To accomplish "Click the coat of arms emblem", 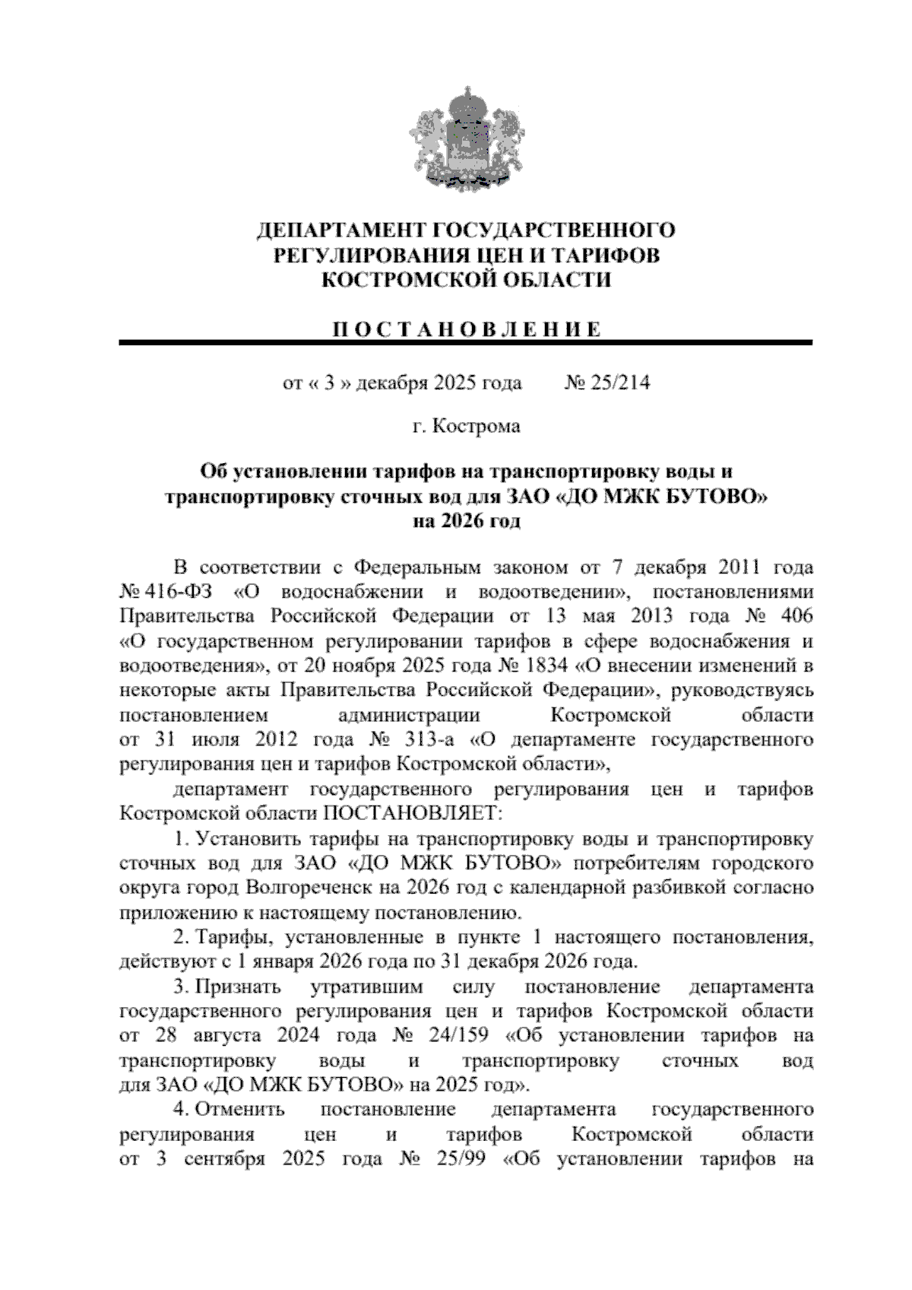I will (461, 139).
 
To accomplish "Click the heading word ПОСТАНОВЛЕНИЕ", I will (466, 329).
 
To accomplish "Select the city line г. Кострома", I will (466, 426).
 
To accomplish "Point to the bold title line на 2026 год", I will (466, 522).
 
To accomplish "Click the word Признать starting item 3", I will (238, 987).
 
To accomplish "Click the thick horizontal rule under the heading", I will (466, 344).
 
